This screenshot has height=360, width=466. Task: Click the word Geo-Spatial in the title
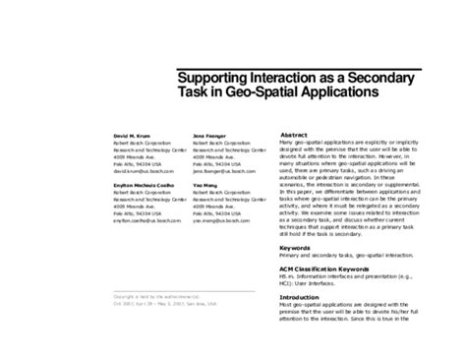coord(254,94)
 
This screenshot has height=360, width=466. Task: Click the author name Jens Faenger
coord(209,134)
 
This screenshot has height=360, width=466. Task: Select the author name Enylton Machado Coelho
coord(146,186)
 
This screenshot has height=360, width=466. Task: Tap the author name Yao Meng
coord(204,186)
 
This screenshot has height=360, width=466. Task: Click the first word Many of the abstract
coord(288,144)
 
